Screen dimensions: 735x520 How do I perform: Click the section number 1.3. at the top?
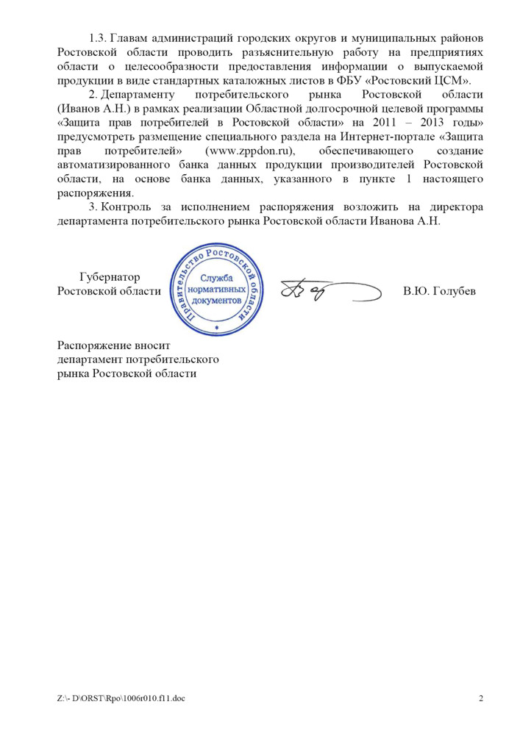98,38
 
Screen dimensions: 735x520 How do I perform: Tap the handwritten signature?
316,292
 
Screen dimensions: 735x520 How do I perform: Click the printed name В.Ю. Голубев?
439,292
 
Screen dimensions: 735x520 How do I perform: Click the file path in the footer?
121,698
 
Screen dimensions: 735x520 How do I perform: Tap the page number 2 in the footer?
481,698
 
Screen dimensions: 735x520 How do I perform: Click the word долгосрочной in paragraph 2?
342,109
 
